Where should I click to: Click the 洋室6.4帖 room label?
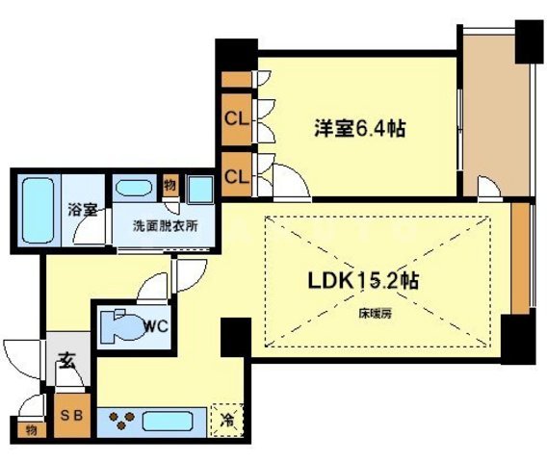click(355, 128)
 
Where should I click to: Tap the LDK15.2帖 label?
click(362, 283)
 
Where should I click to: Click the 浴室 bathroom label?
click(82, 209)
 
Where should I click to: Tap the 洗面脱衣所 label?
click(165, 228)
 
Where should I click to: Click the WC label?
click(156, 326)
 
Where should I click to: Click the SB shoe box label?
click(71, 417)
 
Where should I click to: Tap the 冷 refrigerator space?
click(227, 421)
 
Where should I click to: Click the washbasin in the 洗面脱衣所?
click(133, 189)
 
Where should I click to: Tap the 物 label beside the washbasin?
click(169, 183)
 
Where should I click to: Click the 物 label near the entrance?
click(31, 429)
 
